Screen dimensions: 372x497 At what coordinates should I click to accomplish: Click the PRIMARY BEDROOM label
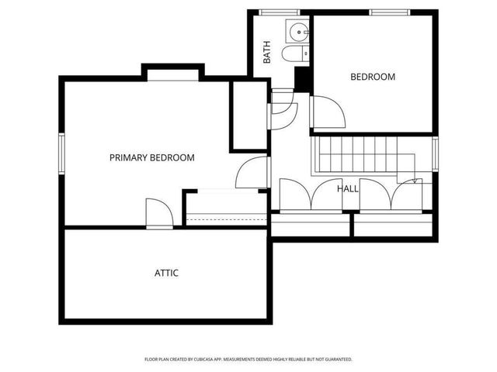pyautogui.click(x=151, y=157)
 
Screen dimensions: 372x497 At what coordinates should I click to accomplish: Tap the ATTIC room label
pyautogui.click(x=166, y=273)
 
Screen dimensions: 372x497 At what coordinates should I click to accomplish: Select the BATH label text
pyautogui.click(x=267, y=53)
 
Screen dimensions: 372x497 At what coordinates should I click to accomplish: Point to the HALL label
pyautogui.click(x=347, y=188)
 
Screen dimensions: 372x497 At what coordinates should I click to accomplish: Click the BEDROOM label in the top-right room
pyautogui.click(x=373, y=77)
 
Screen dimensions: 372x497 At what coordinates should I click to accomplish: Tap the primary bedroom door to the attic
pyautogui.click(x=158, y=213)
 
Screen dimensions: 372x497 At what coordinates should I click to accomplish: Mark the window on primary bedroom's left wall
pyautogui.click(x=61, y=154)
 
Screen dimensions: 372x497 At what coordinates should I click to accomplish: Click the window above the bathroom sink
pyautogui.click(x=276, y=12)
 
